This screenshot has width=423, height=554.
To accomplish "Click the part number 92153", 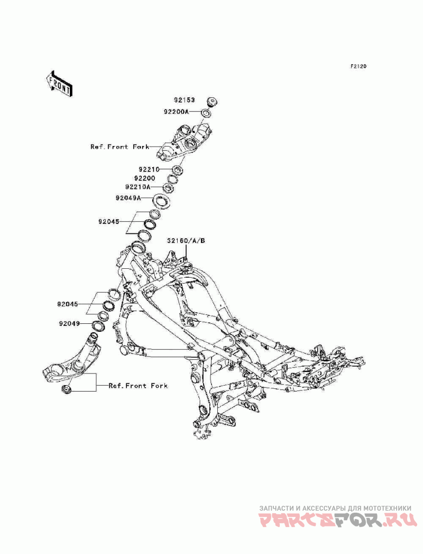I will pyautogui.click(x=186, y=100).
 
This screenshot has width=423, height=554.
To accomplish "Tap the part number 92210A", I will pyautogui.click(x=138, y=187).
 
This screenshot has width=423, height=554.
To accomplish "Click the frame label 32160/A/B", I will pyautogui.click(x=186, y=241).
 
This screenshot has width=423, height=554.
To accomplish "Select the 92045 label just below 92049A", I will pyautogui.click(x=109, y=222).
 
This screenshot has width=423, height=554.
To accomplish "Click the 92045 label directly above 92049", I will pyautogui.click(x=68, y=304).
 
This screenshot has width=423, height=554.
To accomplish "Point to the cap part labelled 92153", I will pyautogui.click(x=212, y=101).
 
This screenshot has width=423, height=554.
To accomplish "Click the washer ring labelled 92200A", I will pyautogui.click(x=207, y=112).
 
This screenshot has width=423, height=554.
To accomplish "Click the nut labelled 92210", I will pyautogui.click(x=177, y=170).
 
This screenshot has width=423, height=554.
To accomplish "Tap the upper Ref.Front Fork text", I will pyautogui.click(x=119, y=147).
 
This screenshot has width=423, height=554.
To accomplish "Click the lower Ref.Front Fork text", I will pyautogui.click(x=138, y=386).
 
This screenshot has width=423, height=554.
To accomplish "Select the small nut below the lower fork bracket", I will pyautogui.click(x=67, y=390).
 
